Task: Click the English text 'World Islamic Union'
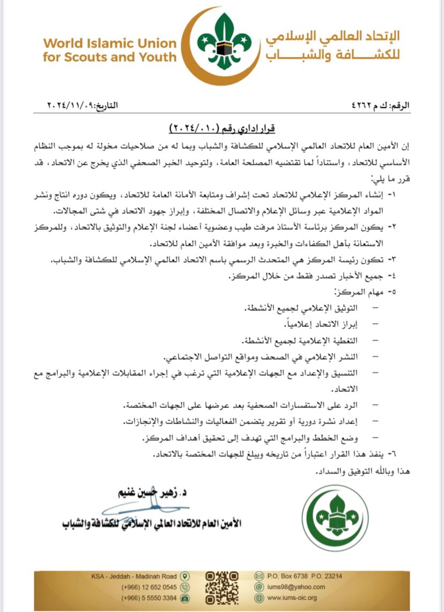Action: click(109, 43)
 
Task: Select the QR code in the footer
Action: click(222, 586)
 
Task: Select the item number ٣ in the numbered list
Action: click(406, 260)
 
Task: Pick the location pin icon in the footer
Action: click(184, 576)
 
